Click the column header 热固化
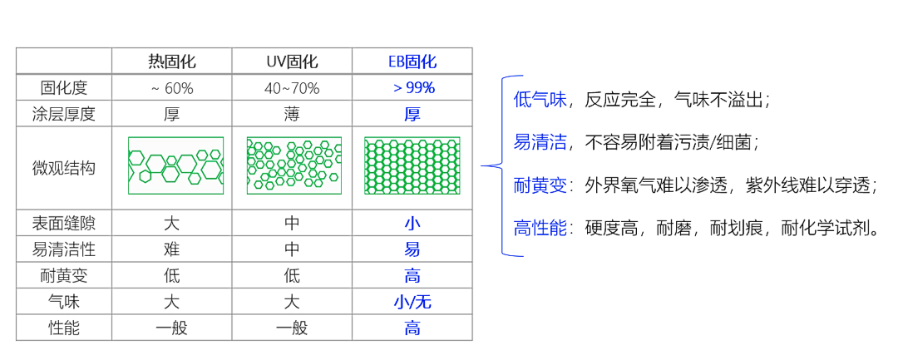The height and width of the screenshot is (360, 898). click(x=172, y=62)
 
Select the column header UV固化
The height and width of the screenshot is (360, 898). click(x=292, y=62)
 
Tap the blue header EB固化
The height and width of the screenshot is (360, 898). click(x=412, y=62)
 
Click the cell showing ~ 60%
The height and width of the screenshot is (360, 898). click(x=172, y=88)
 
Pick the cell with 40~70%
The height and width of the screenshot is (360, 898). click(x=292, y=88)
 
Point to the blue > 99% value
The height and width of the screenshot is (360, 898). click(x=412, y=87)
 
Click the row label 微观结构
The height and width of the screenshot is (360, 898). click(x=64, y=168)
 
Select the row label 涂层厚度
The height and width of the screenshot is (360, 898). click(x=64, y=114)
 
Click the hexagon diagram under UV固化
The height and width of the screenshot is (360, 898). click(x=294, y=165)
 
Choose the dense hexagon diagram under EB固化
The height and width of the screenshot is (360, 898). click(x=413, y=165)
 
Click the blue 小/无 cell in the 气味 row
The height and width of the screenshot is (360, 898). click(x=412, y=302)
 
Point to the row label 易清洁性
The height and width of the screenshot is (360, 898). click(x=64, y=249)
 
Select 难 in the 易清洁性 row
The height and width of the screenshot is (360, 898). click(x=172, y=249)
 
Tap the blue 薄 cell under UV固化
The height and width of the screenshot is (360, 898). click(x=292, y=114)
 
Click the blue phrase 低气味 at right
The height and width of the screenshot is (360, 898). click(x=540, y=100)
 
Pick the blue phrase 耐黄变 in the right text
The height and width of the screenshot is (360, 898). click(x=540, y=185)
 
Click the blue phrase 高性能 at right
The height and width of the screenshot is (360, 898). click(x=540, y=228)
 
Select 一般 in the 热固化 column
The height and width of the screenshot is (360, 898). click(x=172, y=328)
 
